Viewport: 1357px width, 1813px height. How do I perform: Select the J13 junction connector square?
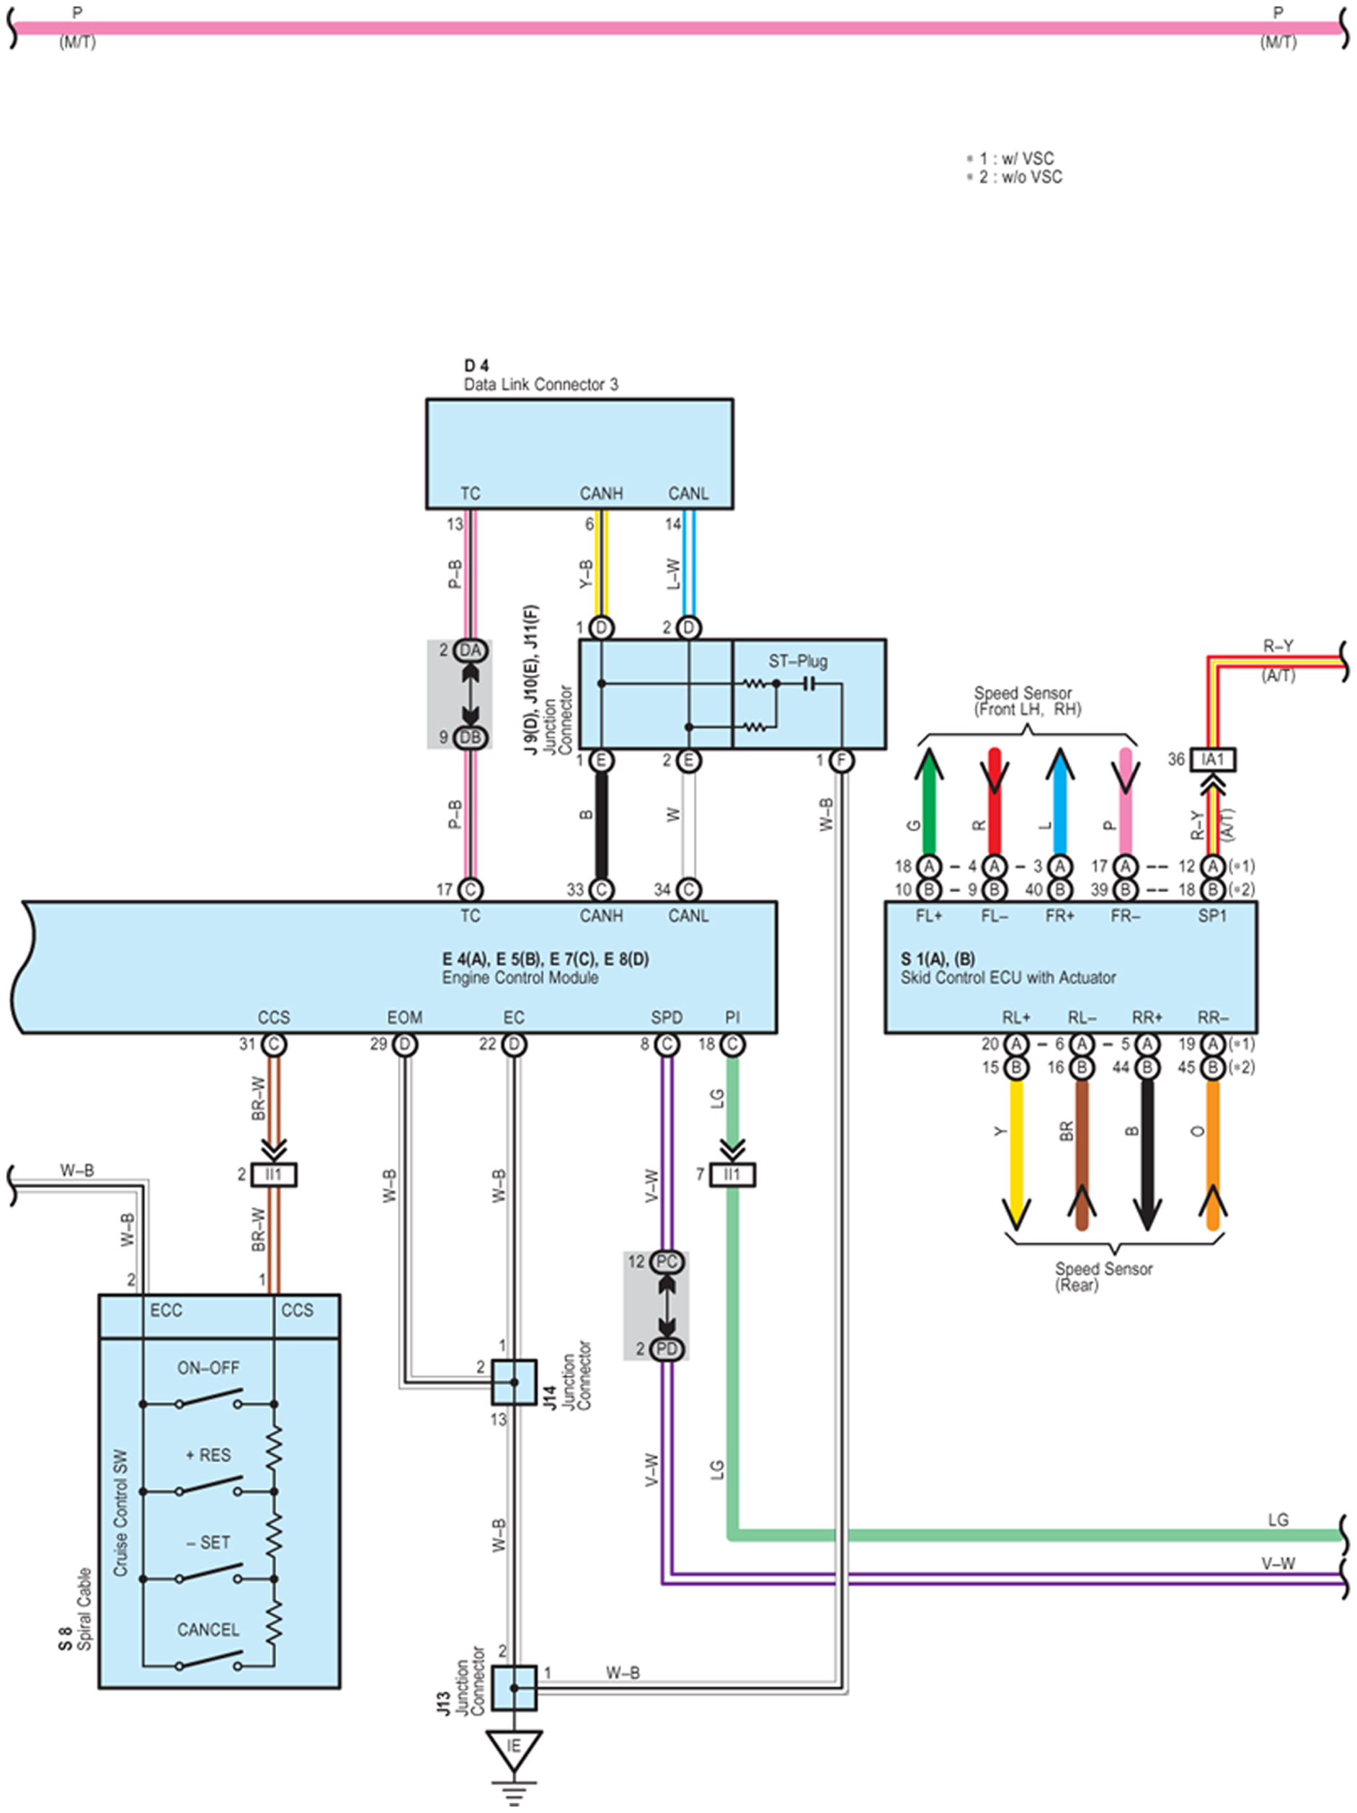click(x=514, y=1688)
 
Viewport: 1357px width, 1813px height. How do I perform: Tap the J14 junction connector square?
click(x=514, y=1382)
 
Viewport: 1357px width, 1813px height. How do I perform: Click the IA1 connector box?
click(x=1212, y=759)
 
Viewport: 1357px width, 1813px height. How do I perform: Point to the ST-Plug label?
click(x=797, y=661)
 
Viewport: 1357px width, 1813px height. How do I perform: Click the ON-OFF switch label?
click(x=208, y=1368)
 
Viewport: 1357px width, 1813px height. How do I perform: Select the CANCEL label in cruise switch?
click(x=208, y=1629)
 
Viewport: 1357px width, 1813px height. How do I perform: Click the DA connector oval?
click(x=470, y=650)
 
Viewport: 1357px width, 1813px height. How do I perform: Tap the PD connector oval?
click(x=667, y=1348)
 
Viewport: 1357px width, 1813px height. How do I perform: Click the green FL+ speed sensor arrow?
click(x=928, y=801)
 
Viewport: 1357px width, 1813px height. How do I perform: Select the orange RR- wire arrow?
click(x=1213, y=1156)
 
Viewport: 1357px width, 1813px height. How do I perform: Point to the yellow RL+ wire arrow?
click(x=1016, y=1156)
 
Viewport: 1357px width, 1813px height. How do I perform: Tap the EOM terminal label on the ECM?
click(x=404, y=1017)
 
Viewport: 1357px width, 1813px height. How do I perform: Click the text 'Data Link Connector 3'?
click(x=541, y=384)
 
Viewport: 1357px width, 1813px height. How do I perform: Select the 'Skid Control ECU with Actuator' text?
click(x=1007, y=977)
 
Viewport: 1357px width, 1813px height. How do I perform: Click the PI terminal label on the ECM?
click(x=732, y=1017)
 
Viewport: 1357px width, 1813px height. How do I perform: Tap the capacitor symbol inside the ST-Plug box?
click(x=808, y=682)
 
